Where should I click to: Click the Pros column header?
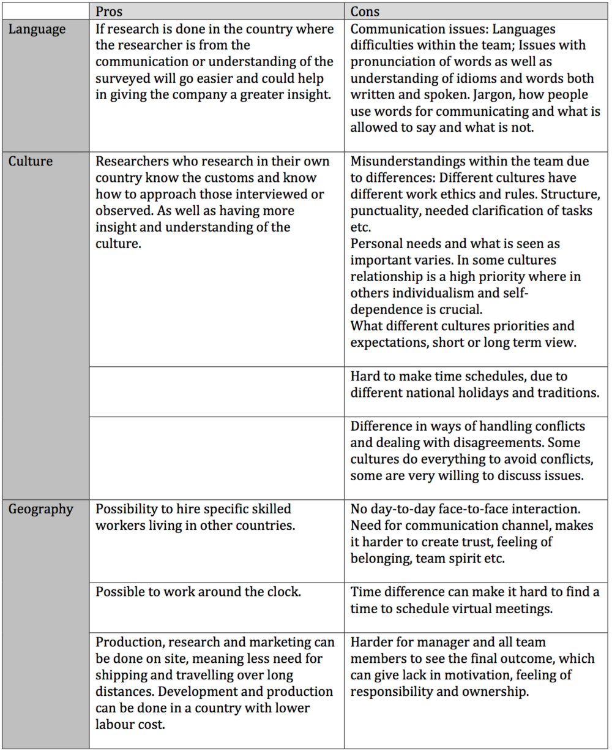[109, 12]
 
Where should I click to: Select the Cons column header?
[365, 12]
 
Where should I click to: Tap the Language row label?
[37, 29]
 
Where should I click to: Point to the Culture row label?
[31, 162]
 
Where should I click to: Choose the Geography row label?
[40, 509]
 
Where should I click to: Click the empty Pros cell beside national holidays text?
[217, 391]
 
